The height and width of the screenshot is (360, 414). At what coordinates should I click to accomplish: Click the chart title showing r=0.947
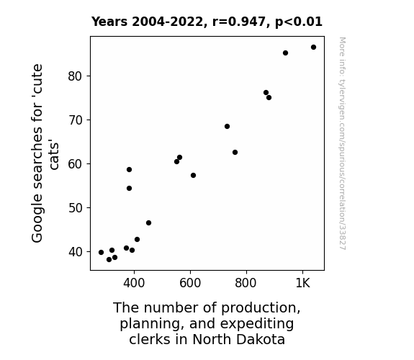coord(207,22)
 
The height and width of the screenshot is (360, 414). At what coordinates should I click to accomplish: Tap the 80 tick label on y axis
coord(75,76)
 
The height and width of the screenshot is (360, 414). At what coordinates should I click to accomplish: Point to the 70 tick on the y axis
coord(75,120)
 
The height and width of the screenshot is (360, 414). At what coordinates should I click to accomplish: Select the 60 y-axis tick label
coord(75,164)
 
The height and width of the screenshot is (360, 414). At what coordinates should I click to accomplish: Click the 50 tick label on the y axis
coord(75,208)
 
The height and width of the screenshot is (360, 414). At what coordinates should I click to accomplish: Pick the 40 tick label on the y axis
coord(75,252)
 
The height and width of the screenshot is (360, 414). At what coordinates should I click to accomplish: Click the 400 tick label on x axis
coord(134,283)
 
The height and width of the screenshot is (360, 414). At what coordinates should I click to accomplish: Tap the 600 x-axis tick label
coord(190,283)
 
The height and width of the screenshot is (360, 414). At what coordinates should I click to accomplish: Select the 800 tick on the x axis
coord(246,283)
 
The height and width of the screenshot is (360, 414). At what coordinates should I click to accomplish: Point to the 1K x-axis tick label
coord(302,283)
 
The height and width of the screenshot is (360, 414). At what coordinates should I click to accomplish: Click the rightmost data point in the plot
coord(313,48)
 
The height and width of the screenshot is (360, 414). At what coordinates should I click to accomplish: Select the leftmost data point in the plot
coord(101,252)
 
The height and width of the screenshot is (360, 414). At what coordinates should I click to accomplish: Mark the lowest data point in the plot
coord(109,260)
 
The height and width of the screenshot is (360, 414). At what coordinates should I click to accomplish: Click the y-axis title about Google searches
coord(45,153)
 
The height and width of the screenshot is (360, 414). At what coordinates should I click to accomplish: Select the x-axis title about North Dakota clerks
coord(207,323)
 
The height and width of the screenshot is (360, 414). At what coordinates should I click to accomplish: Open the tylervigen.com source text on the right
coord(343,143)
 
